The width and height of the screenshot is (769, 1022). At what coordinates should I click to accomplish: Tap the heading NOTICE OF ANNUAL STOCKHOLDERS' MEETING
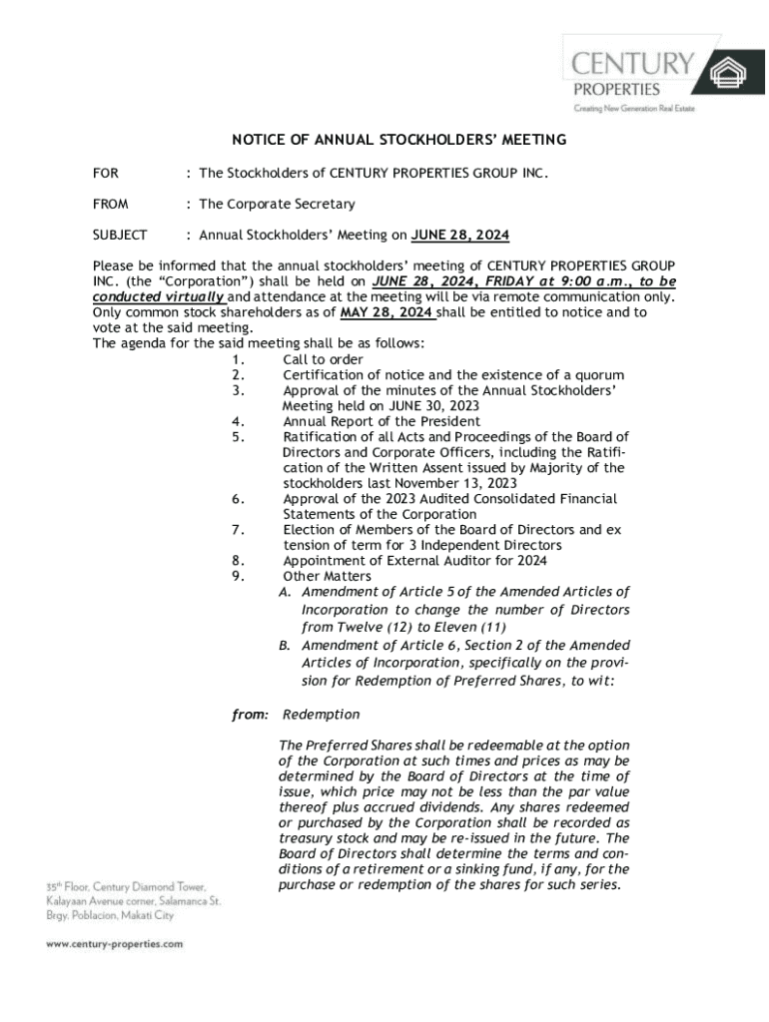tap(399, 140)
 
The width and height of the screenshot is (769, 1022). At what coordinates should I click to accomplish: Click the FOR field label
tap(105, 174)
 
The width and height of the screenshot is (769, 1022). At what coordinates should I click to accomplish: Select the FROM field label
tap(110, 204)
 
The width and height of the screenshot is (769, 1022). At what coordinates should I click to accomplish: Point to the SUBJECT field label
tap(120, 235)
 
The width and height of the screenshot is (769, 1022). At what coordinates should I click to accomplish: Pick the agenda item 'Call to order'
tap(323, 359)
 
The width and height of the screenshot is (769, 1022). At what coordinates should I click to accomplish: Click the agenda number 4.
tap(238, 421)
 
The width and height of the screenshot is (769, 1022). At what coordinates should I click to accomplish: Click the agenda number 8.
tap(238, 561)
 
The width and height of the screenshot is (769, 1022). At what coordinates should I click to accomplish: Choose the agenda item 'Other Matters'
tap(327, 576)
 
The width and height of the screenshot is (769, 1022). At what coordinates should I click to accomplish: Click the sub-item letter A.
tap(285, 593)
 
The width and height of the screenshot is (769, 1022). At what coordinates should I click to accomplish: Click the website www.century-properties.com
tap(114, 943)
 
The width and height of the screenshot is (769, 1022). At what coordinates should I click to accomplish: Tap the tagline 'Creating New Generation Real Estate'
tap(633, 108)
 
